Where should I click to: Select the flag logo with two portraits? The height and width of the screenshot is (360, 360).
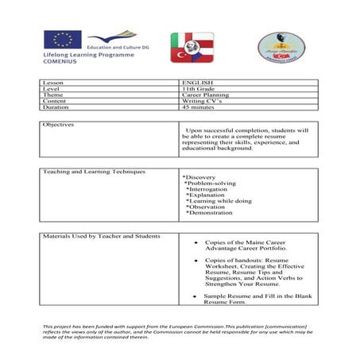[192, 48]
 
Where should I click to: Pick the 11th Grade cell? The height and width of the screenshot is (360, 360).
[198, 89]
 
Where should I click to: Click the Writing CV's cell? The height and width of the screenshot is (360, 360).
[202, 102]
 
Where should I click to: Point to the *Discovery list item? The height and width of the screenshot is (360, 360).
[199, 177]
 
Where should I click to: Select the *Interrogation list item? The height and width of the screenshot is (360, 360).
[206, 189]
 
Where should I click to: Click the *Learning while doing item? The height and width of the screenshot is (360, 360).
[218, 201]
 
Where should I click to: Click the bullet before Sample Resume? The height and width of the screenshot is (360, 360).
[194, 296]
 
